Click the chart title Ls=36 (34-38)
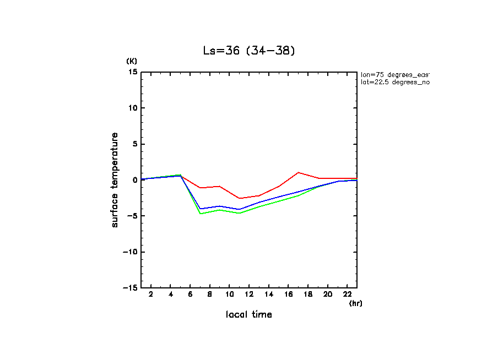point(250,51)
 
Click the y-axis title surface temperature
point(115,179)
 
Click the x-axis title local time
point(248,314)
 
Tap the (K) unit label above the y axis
point(132,61)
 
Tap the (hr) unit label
point(355,303)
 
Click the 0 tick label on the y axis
point(135,180)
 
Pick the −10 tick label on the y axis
point(130,252)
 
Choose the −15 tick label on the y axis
point(130,287)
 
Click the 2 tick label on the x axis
point(151,295)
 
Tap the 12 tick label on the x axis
point(249,295)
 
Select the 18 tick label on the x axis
point(308,295)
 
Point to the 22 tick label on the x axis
point(347,295)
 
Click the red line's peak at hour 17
point(298,172)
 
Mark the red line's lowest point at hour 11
point(239,198)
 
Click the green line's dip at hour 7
point(200,214)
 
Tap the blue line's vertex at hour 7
point(200,209)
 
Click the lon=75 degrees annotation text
point(394,74)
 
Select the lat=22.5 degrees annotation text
point(394,82)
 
